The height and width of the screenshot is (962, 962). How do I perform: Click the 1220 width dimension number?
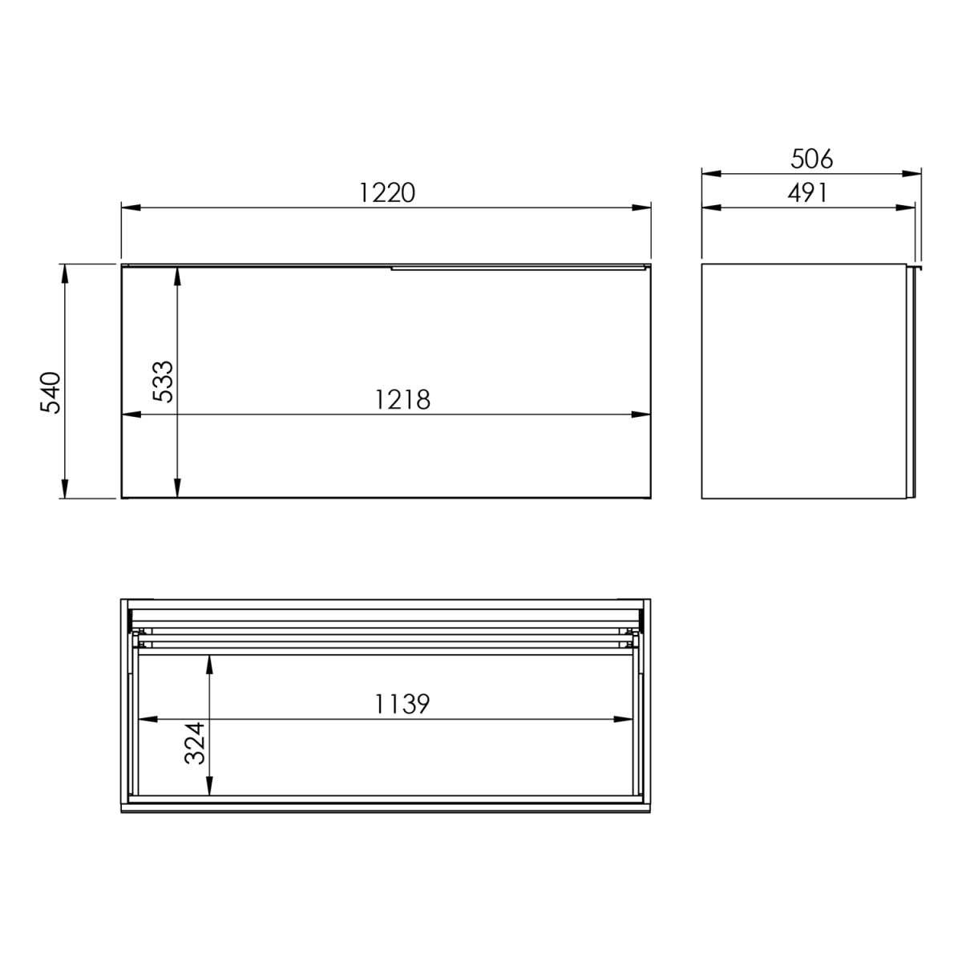[x=387, y=192]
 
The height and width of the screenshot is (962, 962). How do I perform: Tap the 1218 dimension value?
[x=402, y=399]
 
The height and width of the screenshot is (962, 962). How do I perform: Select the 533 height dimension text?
[x=164, y=382]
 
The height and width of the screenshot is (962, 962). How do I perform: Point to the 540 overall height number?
[x=50, y=392]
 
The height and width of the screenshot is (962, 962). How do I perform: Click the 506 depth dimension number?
[x=812, y=159]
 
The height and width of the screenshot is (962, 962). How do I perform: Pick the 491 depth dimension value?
[x=807, y=192]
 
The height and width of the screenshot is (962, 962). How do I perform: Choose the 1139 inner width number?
[x=402, y=704]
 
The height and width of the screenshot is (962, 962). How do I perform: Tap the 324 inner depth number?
[x=195, y=743]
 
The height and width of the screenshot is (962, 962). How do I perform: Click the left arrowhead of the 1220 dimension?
[x=131, y=208]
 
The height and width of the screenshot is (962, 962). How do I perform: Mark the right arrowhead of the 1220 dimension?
[x=641, y=208]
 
